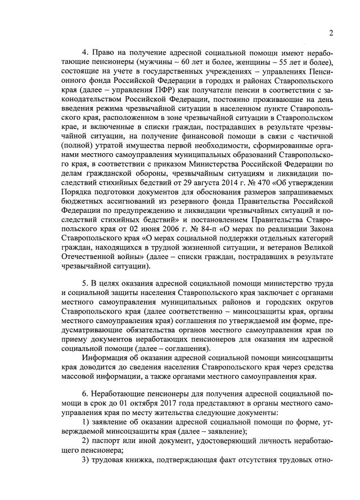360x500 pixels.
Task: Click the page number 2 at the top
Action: (x=331, y=32)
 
